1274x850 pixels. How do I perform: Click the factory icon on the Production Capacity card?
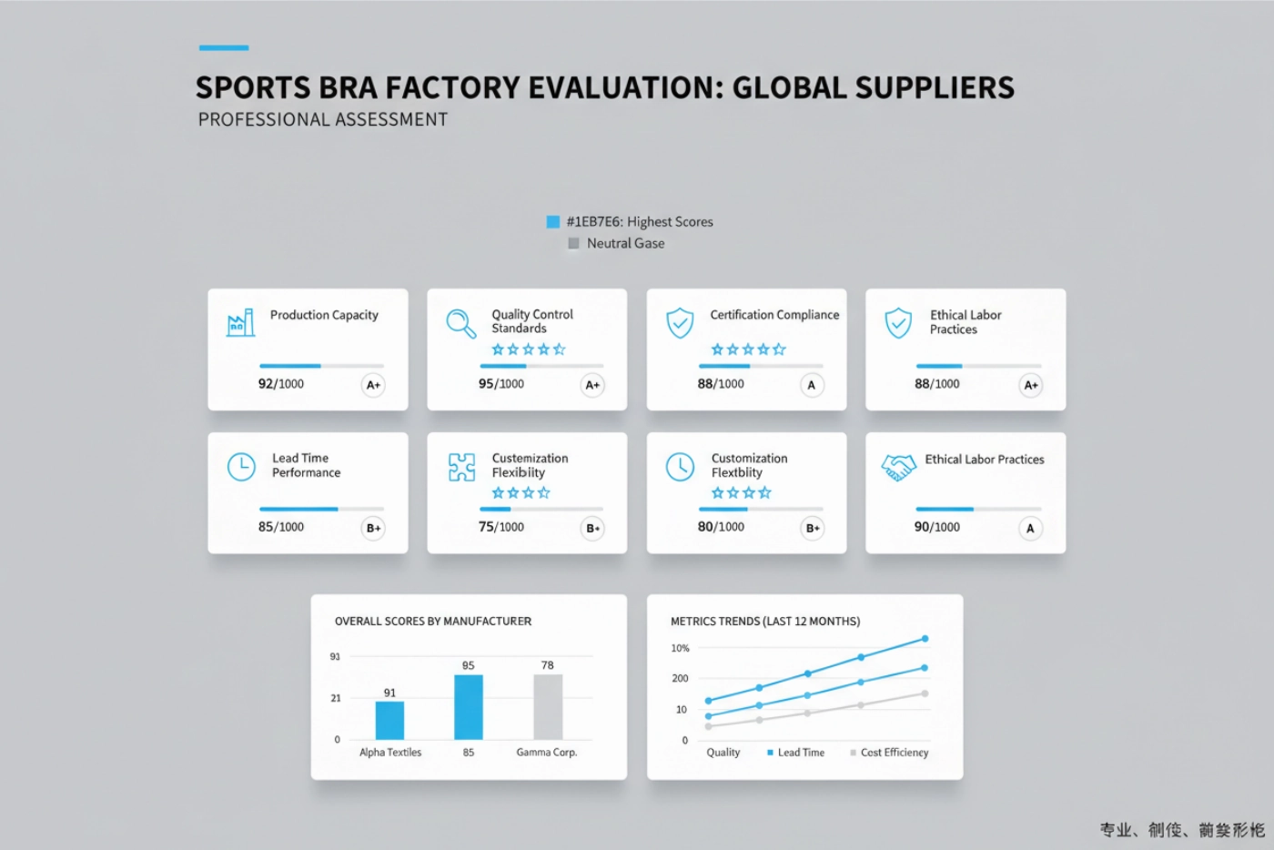click(240, 323)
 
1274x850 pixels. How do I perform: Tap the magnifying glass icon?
click(460, 323)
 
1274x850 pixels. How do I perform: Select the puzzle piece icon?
click(461, 467)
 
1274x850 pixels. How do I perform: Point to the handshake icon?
click(898, 467)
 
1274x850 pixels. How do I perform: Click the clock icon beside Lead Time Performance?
click(241, 467)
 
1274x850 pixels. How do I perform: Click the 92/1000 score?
click(280, 384)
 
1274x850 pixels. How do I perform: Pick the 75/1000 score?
click(500, 527)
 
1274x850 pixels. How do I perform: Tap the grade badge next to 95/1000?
click(592, 385)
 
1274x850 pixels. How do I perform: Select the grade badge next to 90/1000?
click(1030, 529)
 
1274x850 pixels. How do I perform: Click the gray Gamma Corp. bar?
click(548, 706)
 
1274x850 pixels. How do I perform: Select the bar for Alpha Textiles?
click(389, 720)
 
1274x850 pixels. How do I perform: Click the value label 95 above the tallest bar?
click(468, 665)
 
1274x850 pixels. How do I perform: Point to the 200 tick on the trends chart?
click(680, 679)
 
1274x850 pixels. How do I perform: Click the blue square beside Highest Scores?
click(552, 222)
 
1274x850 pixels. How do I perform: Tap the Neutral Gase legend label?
click(625, 244)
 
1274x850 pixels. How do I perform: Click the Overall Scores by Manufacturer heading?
click(432, 622)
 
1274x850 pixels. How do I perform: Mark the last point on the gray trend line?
click(925, 693)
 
